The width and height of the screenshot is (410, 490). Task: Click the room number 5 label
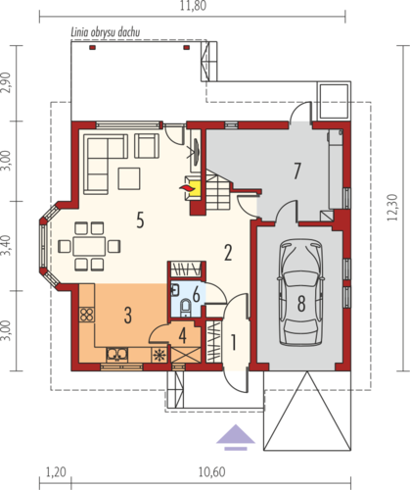click(140, 220)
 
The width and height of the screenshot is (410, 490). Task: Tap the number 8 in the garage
click(301, 303)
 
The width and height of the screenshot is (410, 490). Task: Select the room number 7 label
click(296, 171)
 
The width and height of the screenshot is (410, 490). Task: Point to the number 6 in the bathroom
click(196, 295)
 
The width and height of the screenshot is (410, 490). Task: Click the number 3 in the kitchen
click(128, 316)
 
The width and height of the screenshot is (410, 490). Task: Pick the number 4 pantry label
click(183, 336)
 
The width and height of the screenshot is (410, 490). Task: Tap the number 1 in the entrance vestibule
click(233, 342)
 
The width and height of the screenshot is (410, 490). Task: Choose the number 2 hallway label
click(228, 253)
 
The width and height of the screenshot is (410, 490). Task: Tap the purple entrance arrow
click(236, 437)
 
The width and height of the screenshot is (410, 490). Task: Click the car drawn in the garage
click(300, 292)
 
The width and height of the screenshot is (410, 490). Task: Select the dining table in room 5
click(89, 246)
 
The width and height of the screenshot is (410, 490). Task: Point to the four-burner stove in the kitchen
click(87, 315)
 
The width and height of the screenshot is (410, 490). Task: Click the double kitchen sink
click(116, 355)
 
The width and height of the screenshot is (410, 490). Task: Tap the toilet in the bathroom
click(186, 307)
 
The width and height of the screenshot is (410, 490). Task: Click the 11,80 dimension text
click(193, 6)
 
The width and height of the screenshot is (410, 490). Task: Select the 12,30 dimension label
click(392, 208)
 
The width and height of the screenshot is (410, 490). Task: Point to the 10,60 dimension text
click(211, 472)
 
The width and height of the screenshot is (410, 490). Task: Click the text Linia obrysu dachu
click(106, 32)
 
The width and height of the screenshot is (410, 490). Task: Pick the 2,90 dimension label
click(6, 82)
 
